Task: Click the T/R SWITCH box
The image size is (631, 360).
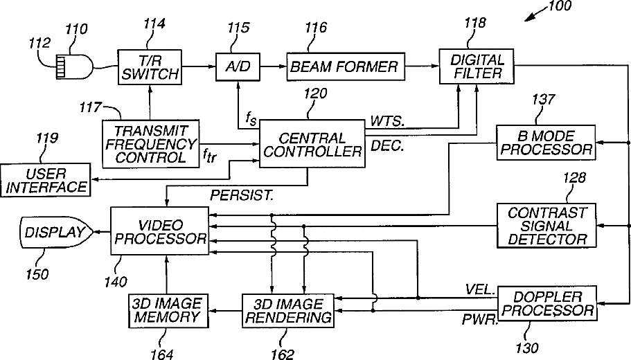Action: (150, 67)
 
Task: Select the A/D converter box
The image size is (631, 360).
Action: (238, 66)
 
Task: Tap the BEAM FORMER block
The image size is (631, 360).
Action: (345, 66)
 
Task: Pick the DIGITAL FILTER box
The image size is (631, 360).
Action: (477, 66)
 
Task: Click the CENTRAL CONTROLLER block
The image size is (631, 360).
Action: (312, 143)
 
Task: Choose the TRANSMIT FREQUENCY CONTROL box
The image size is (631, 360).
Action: (150, 143)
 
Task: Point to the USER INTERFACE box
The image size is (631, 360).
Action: (46, 180)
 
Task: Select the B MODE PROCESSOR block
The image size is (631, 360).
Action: (546, 143)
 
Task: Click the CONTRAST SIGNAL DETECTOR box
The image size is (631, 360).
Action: (546, 226)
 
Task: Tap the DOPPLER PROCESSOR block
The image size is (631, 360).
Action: (547, 304)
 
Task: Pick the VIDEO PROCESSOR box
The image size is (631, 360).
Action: (160, 231)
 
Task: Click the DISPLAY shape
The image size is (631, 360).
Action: (56, 232)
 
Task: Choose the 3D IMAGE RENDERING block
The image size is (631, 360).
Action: (287, 311)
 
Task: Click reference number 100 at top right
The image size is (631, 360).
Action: (560, 6)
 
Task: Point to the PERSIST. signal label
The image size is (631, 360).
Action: (242, 195)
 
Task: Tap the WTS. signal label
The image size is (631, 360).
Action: (387, 121)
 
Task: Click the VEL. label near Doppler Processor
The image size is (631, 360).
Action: (480, 289)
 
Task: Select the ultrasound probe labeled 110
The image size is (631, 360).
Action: (73, 66)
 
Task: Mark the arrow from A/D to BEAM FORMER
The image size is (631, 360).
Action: (273, 66)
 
